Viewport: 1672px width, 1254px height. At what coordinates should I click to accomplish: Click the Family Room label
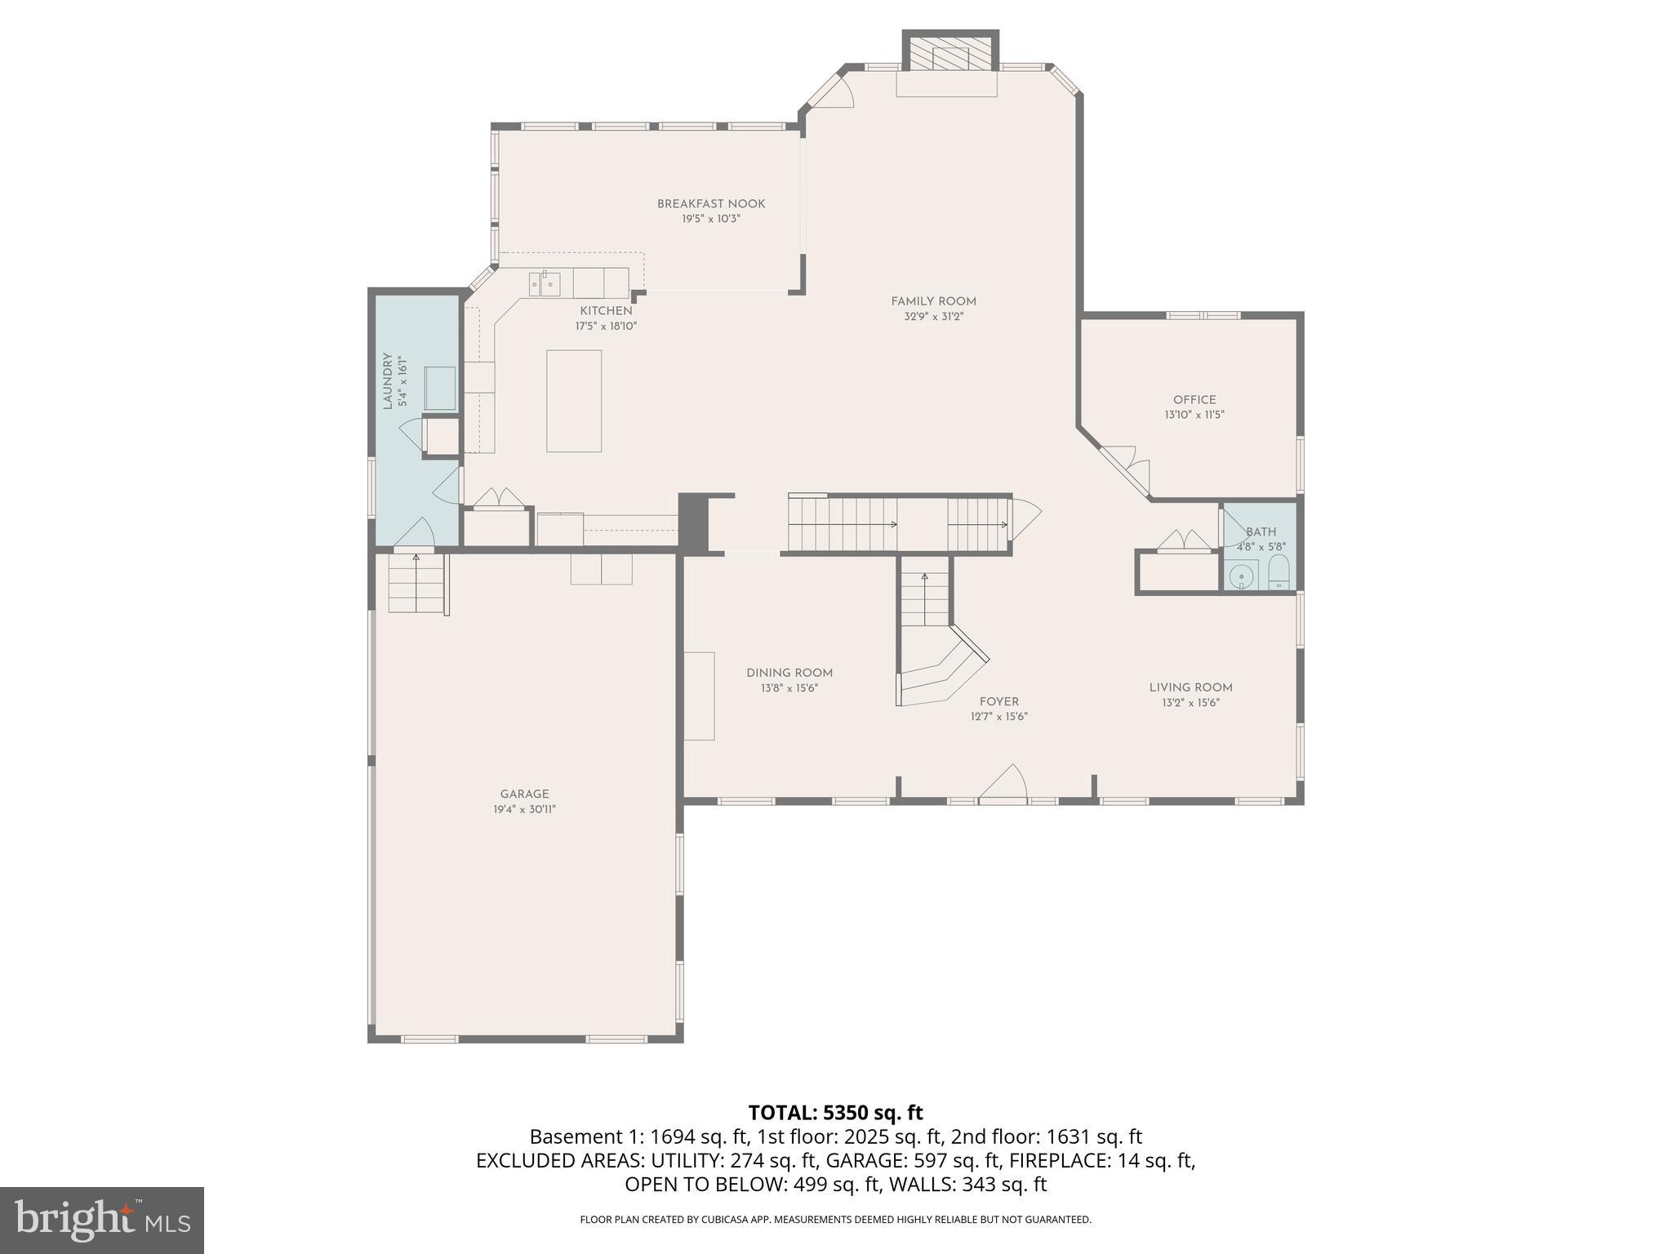933,301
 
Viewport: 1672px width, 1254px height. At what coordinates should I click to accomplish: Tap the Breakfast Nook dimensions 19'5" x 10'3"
711,219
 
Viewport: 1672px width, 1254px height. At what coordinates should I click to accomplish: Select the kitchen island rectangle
574,401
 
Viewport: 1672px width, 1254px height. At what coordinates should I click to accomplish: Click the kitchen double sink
545,284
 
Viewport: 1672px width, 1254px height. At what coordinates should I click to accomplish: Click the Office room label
1194,399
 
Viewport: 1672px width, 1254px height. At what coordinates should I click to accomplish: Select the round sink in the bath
1243,576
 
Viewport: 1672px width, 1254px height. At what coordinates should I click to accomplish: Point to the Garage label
524,794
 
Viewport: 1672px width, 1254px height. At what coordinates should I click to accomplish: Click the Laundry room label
389,381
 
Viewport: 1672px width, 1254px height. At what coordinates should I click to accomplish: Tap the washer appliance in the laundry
438,389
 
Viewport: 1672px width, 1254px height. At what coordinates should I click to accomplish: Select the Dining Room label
789,673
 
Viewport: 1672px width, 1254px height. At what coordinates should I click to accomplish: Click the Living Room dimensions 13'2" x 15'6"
1190,703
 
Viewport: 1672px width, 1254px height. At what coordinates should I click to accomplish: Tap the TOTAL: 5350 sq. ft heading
835,1113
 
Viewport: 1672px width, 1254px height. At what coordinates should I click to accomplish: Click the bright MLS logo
101,1221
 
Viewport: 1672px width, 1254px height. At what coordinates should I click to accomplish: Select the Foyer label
998,701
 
